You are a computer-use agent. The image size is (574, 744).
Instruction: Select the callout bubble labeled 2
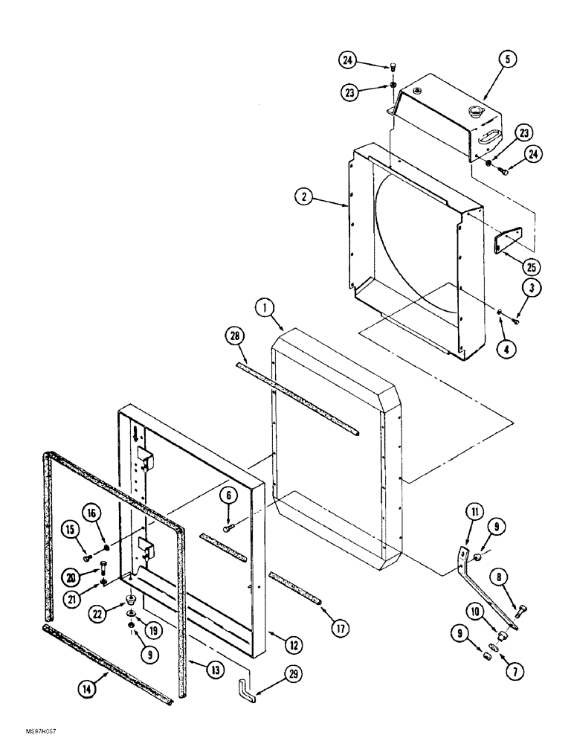pyautogui.click(x=303, y=196)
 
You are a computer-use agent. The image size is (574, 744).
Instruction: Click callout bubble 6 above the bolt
pyautogui.click(x=228, y=495)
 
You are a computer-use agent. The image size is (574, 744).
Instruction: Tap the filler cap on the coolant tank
pyautogui.click(x=473, y=114)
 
